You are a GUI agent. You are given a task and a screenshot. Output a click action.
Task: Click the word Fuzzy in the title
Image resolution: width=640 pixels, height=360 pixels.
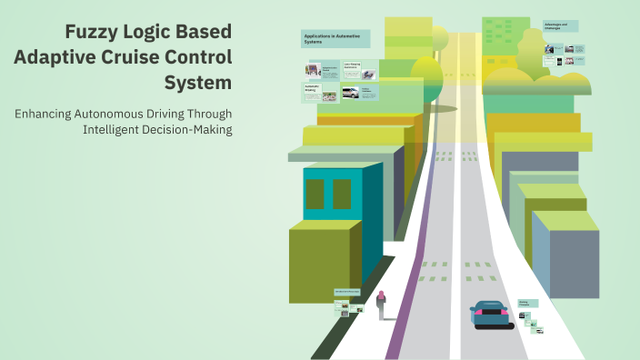(x=91, y=32)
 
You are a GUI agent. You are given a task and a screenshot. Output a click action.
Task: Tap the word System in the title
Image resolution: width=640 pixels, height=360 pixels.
(x=198, y=82)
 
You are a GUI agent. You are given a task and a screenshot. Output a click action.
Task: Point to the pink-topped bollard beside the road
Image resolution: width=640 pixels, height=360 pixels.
(x=381, y=299)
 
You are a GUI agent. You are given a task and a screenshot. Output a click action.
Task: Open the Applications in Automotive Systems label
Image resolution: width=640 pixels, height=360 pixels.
(x=334, y=39)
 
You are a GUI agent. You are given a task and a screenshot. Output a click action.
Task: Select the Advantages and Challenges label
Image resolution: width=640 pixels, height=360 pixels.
(x=561, y=27)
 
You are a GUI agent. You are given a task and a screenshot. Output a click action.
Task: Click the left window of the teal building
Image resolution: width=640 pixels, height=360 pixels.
(x=315, y=193)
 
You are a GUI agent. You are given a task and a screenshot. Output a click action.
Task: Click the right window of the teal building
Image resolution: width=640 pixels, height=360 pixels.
(x=342, y=193)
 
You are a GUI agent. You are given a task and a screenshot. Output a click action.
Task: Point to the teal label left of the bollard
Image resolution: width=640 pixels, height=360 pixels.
(x=346, y=292)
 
